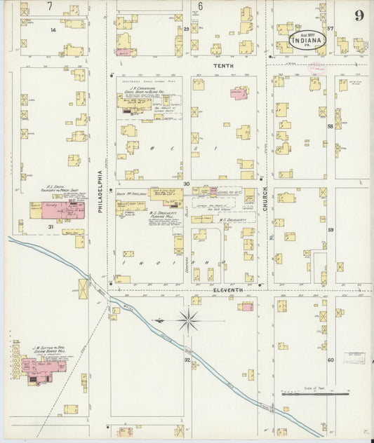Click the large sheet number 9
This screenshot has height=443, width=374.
click(x=359, y=15)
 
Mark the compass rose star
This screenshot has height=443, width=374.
click(x=188, y=322)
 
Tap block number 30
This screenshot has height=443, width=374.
click(x=187, y=184)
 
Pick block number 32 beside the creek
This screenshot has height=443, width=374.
click(x=187, y=360)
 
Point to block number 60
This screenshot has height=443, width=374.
click(x=330, y=360)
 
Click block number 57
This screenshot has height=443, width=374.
click(x=329, y=29)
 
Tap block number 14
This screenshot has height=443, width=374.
click(x=53, y=31)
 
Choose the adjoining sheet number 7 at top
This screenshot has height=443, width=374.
click(x=49, y=6)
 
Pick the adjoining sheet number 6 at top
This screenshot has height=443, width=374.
click(x=200, y=6)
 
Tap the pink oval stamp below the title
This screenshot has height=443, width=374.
click(x=317, y=67)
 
